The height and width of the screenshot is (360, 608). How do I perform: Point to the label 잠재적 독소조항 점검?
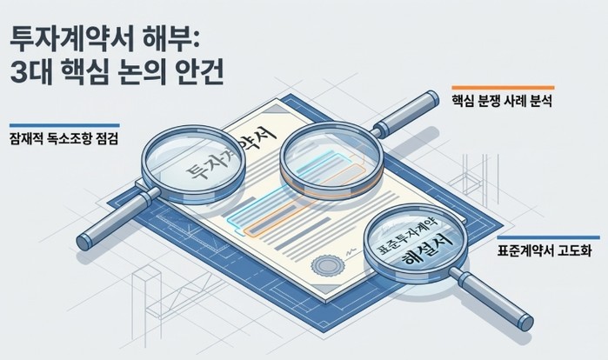pos(64,138)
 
